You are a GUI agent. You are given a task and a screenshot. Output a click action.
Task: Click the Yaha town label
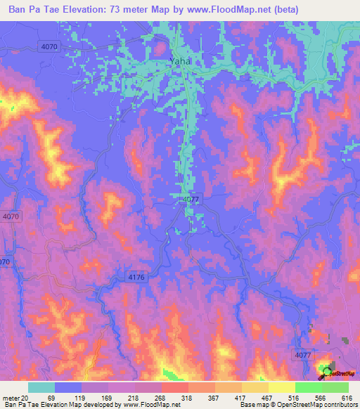click(180, 61)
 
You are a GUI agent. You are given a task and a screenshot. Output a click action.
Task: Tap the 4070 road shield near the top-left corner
click(50, 46)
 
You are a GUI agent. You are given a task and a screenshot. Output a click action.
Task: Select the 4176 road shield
click(136, 278)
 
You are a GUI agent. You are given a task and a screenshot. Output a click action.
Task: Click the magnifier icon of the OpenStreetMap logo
click(328, 371)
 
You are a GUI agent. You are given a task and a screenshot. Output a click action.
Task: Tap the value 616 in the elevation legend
click(346, 398)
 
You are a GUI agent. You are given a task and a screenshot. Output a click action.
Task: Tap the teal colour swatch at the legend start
click(41, 387)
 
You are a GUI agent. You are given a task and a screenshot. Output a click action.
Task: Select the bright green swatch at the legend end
click(335, 387)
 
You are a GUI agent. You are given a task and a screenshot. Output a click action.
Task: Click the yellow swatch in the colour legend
click(282, 387)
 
